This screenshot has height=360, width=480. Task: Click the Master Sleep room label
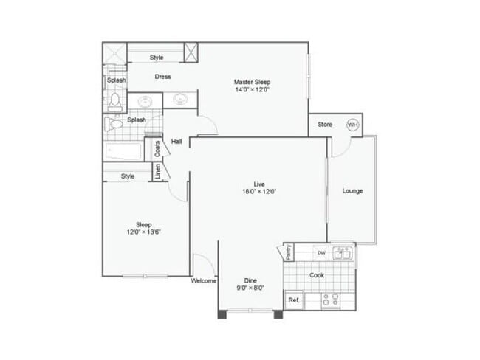(252, 81)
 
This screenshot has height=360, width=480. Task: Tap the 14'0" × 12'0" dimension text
(252, 90)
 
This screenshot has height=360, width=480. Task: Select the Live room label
(259, 183)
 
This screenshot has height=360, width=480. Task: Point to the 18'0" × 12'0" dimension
(259, 191)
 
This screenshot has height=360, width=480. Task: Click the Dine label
(250, 280)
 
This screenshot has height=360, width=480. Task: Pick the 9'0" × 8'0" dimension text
(250, 289)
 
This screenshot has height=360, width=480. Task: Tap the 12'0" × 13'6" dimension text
(143, 232)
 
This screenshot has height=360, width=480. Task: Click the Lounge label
(352, 191)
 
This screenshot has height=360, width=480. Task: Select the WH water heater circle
(353, 125)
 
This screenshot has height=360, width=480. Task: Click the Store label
(325, 125)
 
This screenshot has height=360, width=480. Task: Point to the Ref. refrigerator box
(293, 300)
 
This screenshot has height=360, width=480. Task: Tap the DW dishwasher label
(321, 253)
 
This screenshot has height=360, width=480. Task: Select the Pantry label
(289, 252)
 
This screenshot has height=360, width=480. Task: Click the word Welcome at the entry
(203, 281)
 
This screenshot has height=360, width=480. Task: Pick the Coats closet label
(157, 149)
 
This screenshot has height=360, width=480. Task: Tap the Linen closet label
(157, 171)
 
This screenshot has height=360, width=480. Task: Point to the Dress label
(162, 76)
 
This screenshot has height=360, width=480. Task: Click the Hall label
(176, 141)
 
